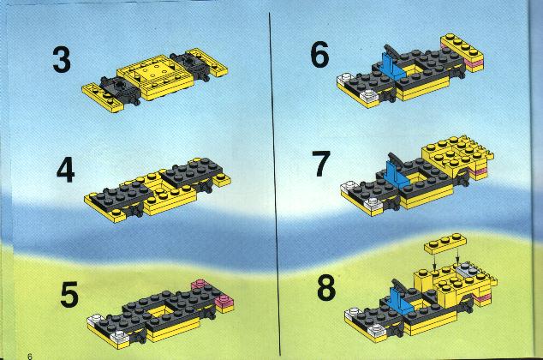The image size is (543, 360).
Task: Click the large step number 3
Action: pos(62,60)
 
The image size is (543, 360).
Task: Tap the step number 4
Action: pos(65,170)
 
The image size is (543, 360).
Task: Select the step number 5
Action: pos(69,295)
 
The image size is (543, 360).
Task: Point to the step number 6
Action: pos(319,54)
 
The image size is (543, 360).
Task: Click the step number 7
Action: pos(321,164)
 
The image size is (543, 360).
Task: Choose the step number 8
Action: pos(326,288)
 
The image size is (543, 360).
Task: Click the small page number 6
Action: pos(30,357)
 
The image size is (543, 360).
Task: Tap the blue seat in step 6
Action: pos(392,67)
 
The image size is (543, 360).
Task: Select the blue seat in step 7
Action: pos(396,176)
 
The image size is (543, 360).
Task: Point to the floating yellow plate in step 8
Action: pos(445,243)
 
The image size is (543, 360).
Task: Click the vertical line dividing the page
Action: pos(275,183)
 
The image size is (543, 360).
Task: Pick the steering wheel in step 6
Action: pos(393,51)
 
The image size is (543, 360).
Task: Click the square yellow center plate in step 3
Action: pos(155,72)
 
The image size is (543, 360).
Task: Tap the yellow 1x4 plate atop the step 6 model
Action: pos(462,46)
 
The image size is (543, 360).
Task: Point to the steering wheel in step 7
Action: pos(397,160)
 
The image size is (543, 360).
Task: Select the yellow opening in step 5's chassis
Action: pos(160,311)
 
